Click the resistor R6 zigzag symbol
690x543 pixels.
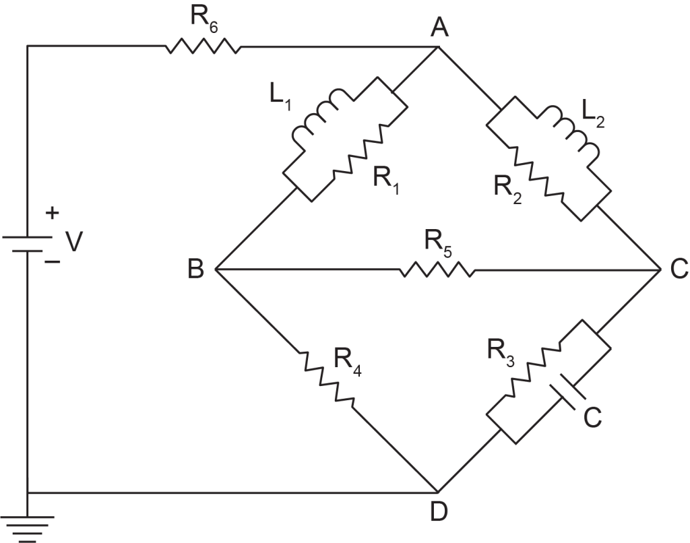(x=203, y=46)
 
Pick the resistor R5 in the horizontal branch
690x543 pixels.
(x=437, y=269)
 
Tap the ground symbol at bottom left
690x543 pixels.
(x=27, y=528)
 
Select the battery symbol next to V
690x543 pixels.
(x=27, y=245)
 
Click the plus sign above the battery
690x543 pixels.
(x=52, y=214)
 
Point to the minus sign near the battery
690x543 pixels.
(x=53, y=262)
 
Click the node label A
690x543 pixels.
(x=439, y=27)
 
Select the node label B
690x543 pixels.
(x=196, y=268)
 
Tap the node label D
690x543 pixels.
(x=438, y=511)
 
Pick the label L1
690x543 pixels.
(x=280, y=100)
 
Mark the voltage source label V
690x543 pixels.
(x=74, y=242)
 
